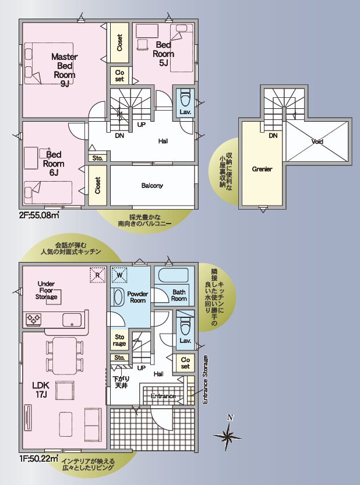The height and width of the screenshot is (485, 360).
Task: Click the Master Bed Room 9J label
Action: click(65, 70)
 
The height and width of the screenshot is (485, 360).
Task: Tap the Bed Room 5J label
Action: click(163, 54)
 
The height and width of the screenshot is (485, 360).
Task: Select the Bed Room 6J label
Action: click(54, 164)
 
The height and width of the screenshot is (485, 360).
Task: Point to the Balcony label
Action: click(152, 186)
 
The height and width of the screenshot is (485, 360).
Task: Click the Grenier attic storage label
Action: click(262, 169)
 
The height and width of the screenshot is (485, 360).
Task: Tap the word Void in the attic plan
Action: click(317, 141)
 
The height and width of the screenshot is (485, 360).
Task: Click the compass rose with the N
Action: click(228, 433)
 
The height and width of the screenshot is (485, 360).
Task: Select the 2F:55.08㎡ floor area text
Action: click(39, 215)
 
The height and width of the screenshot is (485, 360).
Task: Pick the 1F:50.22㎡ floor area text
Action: click(39, 458)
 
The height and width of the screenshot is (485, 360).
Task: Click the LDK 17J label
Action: click(41, 390)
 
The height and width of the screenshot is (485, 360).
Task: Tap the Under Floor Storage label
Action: click(46, 290)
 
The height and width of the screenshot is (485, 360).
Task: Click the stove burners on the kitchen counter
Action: click(34, 319)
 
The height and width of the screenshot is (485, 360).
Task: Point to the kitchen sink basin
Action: click(72, 320)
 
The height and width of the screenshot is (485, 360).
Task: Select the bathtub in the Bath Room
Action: click(173, 275)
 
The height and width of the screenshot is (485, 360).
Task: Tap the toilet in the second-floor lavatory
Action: click(185, 98)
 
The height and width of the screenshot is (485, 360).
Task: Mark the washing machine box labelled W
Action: click(120, 275)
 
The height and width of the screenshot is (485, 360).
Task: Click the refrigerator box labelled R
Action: click(98, 275)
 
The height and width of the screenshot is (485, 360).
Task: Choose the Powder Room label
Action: click(137, 297)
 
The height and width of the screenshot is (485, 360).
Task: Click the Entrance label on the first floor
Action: click(163, 396)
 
